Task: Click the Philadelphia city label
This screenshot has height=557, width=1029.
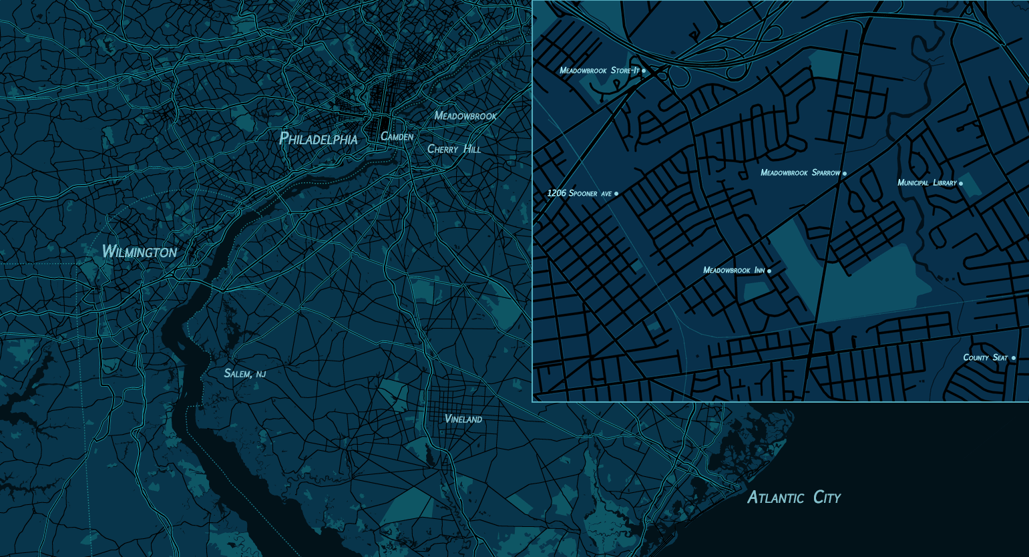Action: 318,139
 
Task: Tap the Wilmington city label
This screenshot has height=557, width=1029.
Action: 139,252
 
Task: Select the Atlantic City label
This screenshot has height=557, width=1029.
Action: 793,498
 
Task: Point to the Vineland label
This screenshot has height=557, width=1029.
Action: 463,419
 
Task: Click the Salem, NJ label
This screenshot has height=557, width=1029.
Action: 244,373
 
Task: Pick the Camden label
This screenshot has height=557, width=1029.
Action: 397,136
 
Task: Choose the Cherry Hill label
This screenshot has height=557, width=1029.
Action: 453,149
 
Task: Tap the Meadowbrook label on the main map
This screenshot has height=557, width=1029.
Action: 465,116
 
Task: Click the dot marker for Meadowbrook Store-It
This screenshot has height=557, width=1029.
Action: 644,70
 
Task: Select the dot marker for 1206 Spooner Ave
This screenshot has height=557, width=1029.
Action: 616,194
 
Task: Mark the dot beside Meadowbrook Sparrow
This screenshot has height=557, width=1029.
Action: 845,174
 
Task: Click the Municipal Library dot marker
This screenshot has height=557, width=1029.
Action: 961,183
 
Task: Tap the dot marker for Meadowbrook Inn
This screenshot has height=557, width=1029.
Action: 769,271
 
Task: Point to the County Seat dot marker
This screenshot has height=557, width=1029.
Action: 1014,358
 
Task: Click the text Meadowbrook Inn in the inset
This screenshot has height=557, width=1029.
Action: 733,270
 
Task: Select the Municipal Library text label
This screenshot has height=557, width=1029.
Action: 927,183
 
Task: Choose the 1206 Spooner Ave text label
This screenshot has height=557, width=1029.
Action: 579,194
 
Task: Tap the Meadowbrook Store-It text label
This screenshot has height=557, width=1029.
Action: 600,70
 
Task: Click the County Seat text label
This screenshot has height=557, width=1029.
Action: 985,358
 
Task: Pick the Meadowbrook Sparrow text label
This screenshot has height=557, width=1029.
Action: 800,173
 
